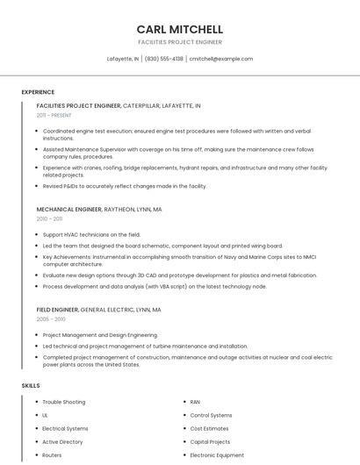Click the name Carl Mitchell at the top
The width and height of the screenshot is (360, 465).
point(180,29)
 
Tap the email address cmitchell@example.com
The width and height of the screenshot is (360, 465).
point(220,59)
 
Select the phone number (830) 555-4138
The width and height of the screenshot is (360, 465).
point(164,59)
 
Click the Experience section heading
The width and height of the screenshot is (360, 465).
point(38,92)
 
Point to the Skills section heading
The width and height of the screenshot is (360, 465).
point(31,385)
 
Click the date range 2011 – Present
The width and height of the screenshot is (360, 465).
point(54,115)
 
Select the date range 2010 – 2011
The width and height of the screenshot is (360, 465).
point(50,219)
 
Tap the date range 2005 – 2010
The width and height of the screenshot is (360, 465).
point(51,319)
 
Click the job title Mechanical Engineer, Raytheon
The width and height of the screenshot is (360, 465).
point(99,210)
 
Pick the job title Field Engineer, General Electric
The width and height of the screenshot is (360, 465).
point(98,310)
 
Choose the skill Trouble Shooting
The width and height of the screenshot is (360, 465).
point(64,402)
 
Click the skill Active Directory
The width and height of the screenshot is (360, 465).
point(62,442)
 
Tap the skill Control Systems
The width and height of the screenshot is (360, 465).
point(211,415)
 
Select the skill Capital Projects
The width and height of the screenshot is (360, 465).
point(210,442)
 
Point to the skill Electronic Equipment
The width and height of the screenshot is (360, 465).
point(217,455)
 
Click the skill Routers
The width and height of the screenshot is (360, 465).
point(52,455)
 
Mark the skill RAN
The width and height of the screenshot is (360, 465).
point(196,402)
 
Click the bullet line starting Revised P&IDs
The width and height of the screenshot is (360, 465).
point(125,186)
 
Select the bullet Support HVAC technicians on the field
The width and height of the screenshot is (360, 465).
point(91,234)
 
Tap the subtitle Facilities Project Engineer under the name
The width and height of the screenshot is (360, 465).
point(180,42)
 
